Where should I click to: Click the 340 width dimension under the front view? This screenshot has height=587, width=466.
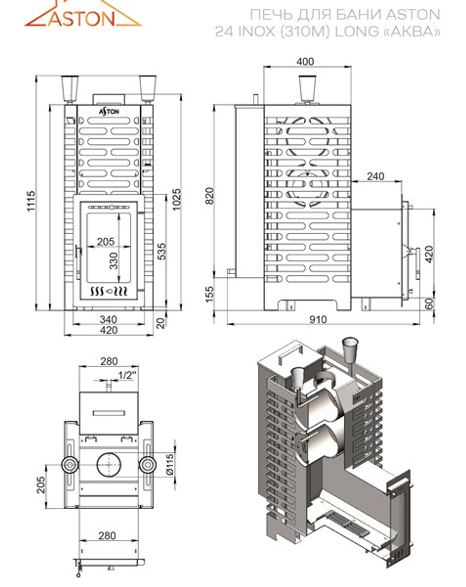click(x=108, y=320)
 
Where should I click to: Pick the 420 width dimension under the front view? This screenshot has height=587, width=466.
click(x=108, y=330)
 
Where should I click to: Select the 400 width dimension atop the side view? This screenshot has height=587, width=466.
click(x=305, y=62)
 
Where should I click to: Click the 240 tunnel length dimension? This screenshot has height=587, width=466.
click(x=375, y=176)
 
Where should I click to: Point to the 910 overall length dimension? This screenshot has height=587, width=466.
click(x=318, y=320)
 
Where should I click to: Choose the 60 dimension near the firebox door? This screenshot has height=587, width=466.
click(x=429, y=303)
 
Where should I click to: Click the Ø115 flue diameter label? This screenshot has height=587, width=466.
click(x=169, y=464)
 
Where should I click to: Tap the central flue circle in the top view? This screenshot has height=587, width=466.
click(x=109, y=465)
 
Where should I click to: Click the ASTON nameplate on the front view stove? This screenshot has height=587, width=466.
click(x=109, y=112)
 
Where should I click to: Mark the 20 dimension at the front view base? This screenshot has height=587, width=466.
click(x=161, y=322)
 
